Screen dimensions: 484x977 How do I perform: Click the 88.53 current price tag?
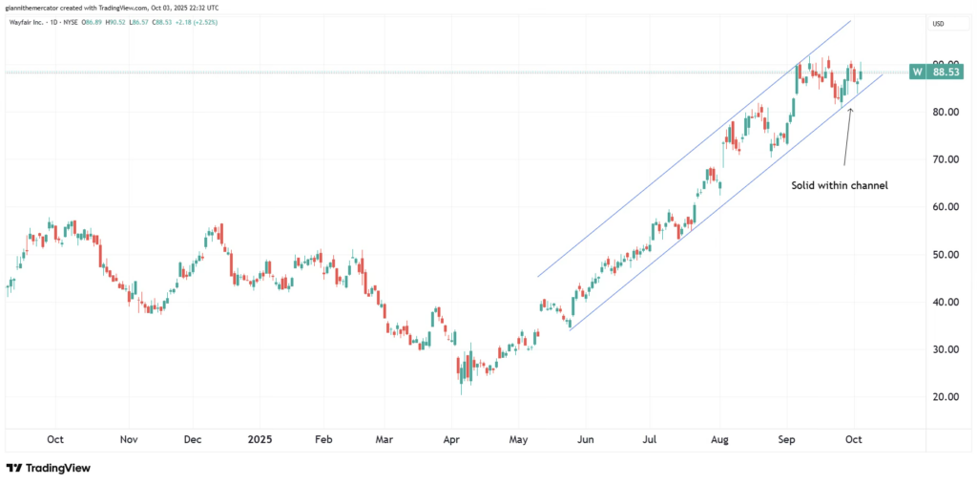click(x=945, y=72)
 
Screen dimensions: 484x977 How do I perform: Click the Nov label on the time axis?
click(x=130, y=440)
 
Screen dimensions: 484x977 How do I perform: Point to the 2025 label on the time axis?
click(x=260, y=440)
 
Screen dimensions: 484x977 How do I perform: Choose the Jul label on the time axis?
click(x=650, y=440)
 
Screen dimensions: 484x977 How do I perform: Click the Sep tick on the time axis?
click(x=787, y=440)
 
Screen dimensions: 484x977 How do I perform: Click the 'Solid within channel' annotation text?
click(x=840, y=185)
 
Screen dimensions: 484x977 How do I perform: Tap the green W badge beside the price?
click(x=917, y=72)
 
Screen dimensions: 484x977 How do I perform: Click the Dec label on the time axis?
click(x=192, y=440)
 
